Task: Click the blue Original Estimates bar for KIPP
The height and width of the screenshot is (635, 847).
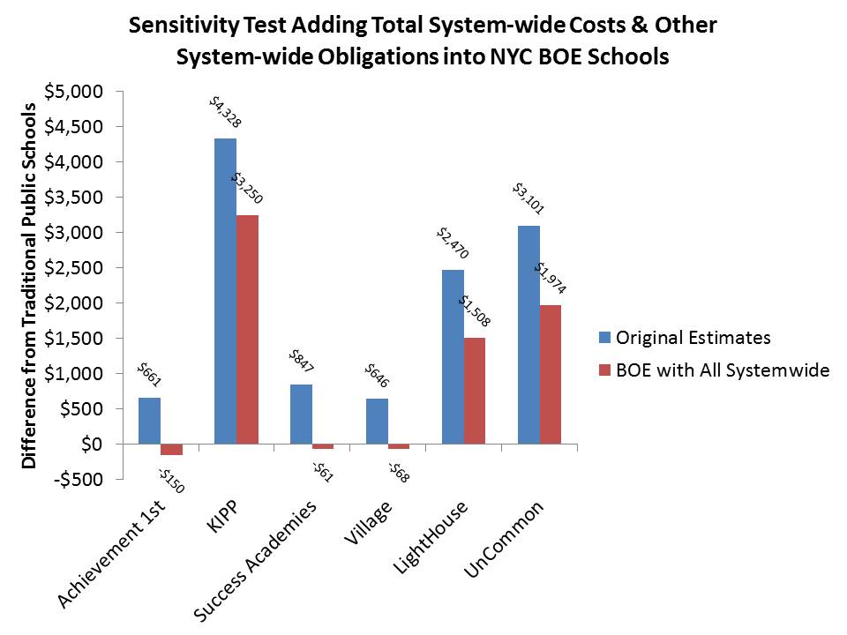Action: pos(225,291)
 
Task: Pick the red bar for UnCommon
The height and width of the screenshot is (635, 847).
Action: pos(550,374)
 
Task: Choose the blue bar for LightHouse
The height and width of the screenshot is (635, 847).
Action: pos(453,356)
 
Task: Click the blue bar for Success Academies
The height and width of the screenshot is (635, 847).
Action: pos(301,414)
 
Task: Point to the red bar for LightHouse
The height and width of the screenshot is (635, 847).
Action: pos(475,391)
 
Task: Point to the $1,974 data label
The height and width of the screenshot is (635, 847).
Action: pos(551,276)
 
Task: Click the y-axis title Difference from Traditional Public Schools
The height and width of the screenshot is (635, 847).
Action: pos(29,285)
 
